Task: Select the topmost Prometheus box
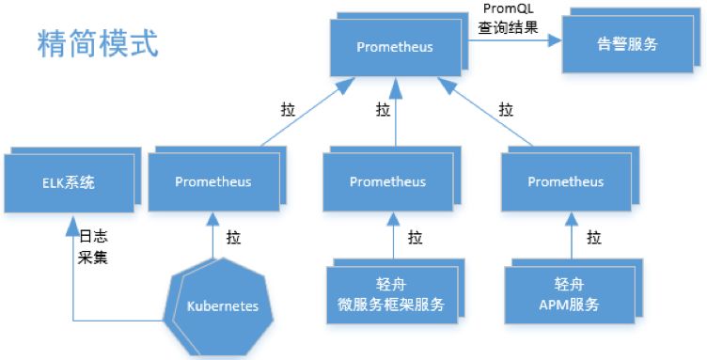395,46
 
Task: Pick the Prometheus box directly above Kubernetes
212,181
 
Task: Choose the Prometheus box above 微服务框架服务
387,181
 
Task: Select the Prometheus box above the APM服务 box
565,181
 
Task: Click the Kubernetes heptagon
223,305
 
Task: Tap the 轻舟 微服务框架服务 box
390,295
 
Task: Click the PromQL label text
506,10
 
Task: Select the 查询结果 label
508,27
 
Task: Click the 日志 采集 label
92,246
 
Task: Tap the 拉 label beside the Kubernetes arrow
233,238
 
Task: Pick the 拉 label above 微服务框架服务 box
415,238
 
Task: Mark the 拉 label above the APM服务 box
593,238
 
